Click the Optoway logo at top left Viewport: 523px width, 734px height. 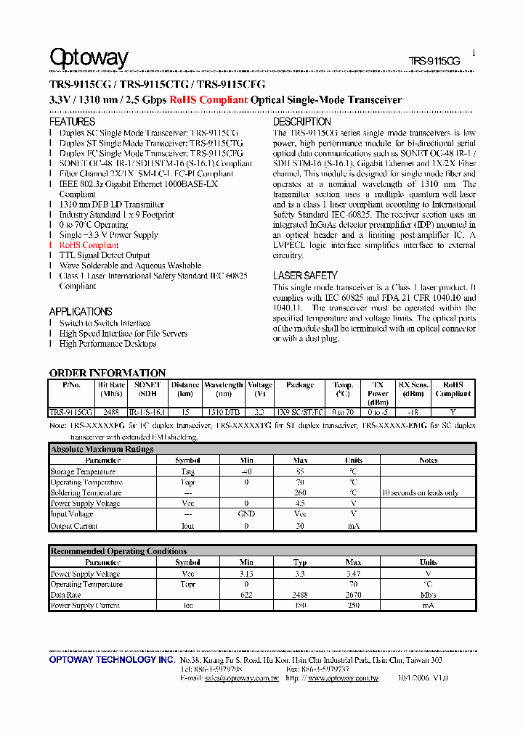click(x=88, y=58)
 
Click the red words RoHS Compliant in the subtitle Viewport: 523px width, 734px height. click(x=208, y=100)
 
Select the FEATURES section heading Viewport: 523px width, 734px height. click(x=72, y=122)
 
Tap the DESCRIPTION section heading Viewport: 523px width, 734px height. click(x=301, y=122)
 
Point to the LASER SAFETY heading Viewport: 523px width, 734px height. click(x=305, y=276)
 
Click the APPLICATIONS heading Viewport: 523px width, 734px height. click(x=81, y=311)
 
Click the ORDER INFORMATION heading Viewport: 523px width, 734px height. click(x=108, y=373)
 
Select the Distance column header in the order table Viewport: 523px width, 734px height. click(x=185, y=385)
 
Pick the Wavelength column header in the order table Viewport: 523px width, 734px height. click(x=223, y=385)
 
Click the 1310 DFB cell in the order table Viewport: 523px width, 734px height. click(x=222, y=411)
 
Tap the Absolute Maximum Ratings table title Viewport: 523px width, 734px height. click(x=102, y=449)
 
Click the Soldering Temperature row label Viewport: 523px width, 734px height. click(x=86, y=493)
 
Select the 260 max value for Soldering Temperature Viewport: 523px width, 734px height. click(x=300, y=493)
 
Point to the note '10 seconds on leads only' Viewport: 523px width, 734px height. click(x=420, y=493)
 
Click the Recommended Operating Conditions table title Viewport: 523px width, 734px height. click(x=118, y=551)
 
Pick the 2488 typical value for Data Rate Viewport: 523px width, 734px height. click(x=300, y=595)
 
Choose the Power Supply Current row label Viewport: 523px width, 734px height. click(x=84, y=605)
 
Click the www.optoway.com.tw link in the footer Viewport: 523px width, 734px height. click(x=343, y=678)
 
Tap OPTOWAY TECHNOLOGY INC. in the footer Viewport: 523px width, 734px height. click(x=112, y=661)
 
